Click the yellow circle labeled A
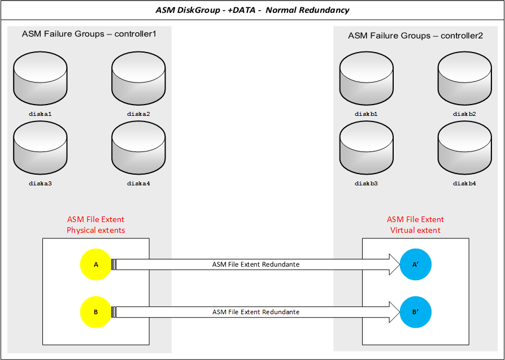pyautogui.click(x=96, y=264)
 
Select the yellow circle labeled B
pyautogui.click(x=96, y=311)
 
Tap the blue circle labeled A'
pyautogui.click(x=416, y=264)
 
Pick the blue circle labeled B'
pyautogui.click(x=416, y=311)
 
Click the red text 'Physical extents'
pyautogui.click(x=96, y=230)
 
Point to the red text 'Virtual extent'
pyautogui.click(x=415, y=230)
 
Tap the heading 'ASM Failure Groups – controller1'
pyautogui.click(x=89, y=34)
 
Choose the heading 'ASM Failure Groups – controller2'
pyautogui.click(x=415, y=36)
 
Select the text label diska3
pyautogui.click(x=40, y=183)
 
